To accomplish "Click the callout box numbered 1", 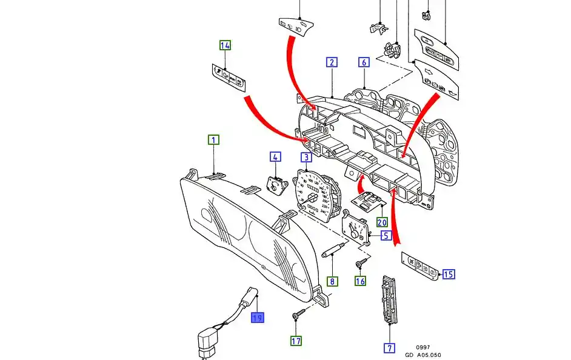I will point(214,140).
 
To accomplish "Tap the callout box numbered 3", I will point(307,158).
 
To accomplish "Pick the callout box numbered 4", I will point(275,158).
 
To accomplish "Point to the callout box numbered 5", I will point(386,235).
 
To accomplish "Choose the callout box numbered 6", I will point(364,62).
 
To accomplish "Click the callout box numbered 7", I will point(389,348).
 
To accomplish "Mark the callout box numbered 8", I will point(332,281).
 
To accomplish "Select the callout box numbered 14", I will point(225,45).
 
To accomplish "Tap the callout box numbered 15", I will point(448,275).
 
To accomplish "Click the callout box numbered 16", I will point(361,281).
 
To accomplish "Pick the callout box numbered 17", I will point(296,341).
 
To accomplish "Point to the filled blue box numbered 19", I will point(258,317).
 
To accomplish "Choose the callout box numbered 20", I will point(382,222).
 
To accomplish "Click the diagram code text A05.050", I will point(431,355).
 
